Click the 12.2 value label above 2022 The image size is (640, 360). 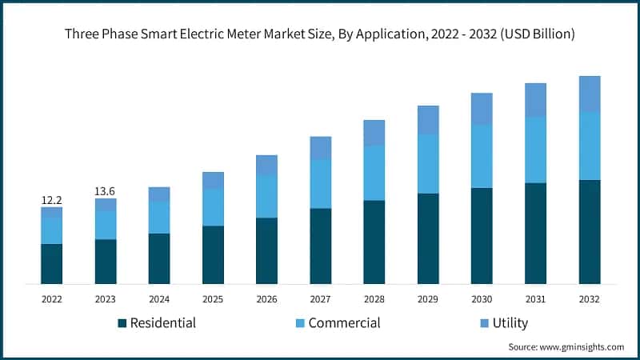[x=52, y=198]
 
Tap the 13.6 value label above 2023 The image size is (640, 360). [x=106, y=190]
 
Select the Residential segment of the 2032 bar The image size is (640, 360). [x=590, y=232]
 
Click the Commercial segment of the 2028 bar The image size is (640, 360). [x=374, y=173]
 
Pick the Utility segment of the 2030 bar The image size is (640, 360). [x=482, y=109]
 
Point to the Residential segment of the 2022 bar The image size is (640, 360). [x=52, y=264]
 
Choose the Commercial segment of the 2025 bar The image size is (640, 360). [x=213, y=208]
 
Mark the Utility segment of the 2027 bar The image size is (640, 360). [x=321, y=148]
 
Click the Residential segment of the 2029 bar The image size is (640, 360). [x=428, y=238]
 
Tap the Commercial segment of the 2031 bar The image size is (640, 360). [x=535, y=150]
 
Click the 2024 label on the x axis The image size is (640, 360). [x=159, y=298]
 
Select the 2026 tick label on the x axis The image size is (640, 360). [x=266, y=298]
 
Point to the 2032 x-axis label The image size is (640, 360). [x=590, y=298]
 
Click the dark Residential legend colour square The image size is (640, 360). [x=122, y=323]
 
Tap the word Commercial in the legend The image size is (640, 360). [x=344, y=323]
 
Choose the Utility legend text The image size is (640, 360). [x=510, y=323]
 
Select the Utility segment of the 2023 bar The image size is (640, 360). [x=106, y=205]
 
